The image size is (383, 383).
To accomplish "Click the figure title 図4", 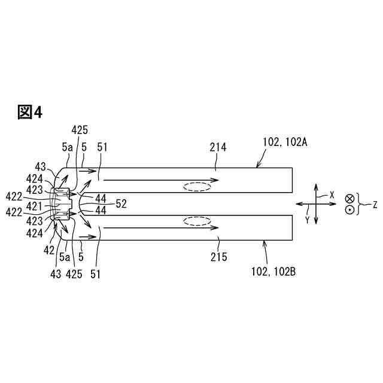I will pos(30,111).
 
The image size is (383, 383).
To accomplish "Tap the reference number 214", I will pos(218,147).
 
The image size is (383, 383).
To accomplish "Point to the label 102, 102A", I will pos(285,142).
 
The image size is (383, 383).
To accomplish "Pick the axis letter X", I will pos(332,194).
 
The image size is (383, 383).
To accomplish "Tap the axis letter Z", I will pos(375,204).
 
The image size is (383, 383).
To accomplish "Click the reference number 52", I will pos(121,203).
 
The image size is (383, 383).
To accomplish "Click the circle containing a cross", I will pos(349,199).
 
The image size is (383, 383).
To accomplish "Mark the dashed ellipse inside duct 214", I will pos(197,187).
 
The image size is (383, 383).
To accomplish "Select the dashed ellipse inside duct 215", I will pos(197,221).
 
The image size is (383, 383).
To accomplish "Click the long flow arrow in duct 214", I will pos(162,180).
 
